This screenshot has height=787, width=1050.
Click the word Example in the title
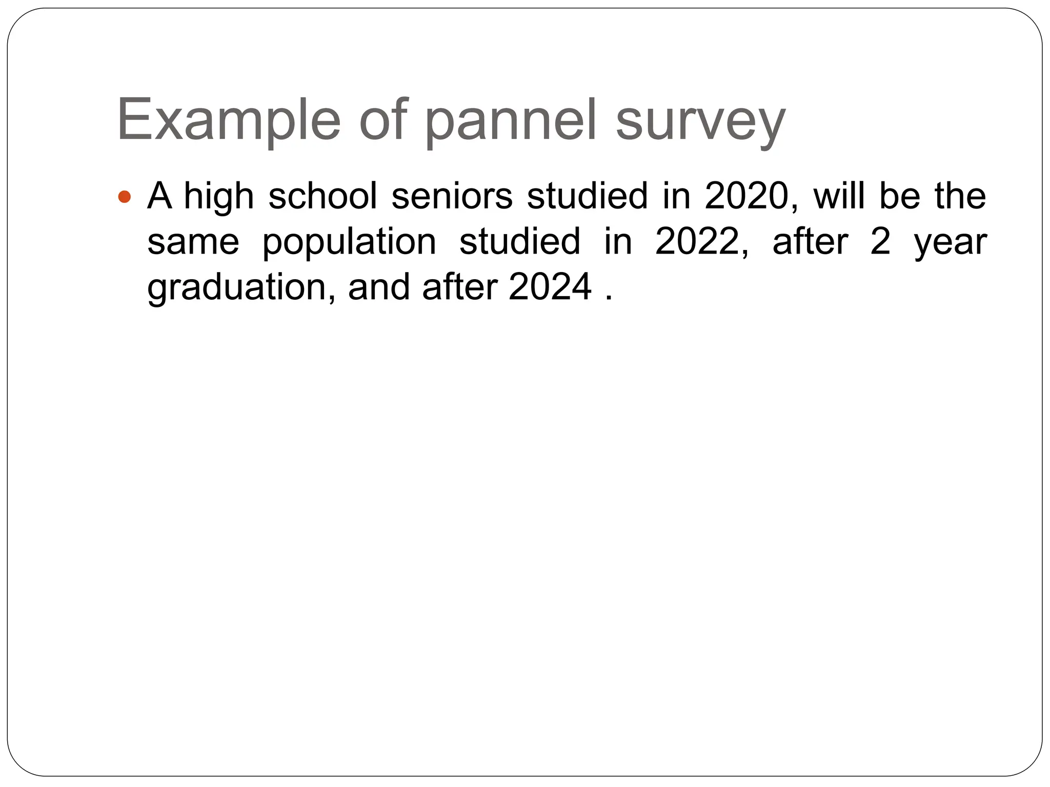229,121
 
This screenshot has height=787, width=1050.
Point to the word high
219,197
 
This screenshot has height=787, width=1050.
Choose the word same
193,242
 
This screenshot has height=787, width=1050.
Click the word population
349,243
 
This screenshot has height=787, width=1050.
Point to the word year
951,243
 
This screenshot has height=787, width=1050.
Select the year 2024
550,287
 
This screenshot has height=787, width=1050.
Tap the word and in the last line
379,287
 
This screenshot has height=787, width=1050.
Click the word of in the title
382,121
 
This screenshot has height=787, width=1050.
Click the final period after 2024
609,299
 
